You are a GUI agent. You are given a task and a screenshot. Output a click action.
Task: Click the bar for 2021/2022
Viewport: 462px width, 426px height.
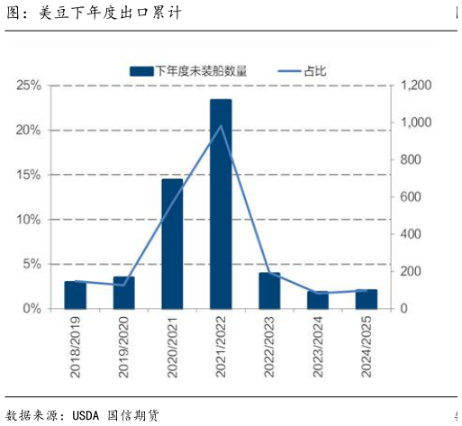221,204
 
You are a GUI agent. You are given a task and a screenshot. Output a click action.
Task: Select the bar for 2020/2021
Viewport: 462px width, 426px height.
172,243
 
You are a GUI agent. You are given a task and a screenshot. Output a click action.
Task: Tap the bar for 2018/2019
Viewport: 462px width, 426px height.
75,295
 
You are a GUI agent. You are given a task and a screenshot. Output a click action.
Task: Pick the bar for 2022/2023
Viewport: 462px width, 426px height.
269,290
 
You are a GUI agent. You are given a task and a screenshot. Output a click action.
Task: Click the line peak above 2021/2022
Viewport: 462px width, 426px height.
221,125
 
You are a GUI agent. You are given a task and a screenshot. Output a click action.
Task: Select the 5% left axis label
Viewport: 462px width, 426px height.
32,264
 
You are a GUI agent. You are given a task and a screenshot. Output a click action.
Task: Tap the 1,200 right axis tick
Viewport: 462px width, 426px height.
416,86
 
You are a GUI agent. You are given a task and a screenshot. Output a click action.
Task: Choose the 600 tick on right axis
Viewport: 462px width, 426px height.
410,197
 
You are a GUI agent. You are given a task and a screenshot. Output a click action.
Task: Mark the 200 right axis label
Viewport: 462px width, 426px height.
410,271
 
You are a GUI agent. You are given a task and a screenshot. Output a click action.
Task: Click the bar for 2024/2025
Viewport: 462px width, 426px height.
367,299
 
